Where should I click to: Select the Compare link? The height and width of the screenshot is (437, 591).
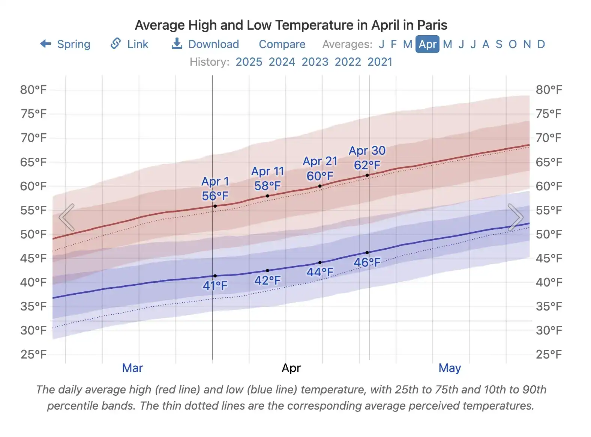point(282,44)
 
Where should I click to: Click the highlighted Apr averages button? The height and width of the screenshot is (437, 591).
point(427,44)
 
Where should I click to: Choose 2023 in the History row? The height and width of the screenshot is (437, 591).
point(315,62)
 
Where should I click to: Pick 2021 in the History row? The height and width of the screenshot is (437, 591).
point(379,62)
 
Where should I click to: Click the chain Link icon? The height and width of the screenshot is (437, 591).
point(115,44)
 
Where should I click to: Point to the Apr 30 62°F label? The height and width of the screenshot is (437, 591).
point(367,158)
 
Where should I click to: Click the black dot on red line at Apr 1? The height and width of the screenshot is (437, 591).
point(215,206)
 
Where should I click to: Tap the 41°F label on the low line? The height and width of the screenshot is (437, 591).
point(215,286)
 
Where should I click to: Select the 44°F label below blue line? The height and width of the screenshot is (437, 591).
point(319,272)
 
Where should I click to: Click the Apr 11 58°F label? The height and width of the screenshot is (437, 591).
point(267,178)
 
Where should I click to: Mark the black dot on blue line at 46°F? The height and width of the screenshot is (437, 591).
point(367,253)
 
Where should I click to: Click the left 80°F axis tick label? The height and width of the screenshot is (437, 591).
point(33,90)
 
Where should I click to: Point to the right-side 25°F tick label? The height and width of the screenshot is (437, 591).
point(548,354)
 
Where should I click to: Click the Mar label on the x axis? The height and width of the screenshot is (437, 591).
point(132,368)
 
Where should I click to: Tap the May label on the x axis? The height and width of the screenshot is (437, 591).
point(449,368)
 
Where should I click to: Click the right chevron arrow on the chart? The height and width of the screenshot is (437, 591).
point(515,217)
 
